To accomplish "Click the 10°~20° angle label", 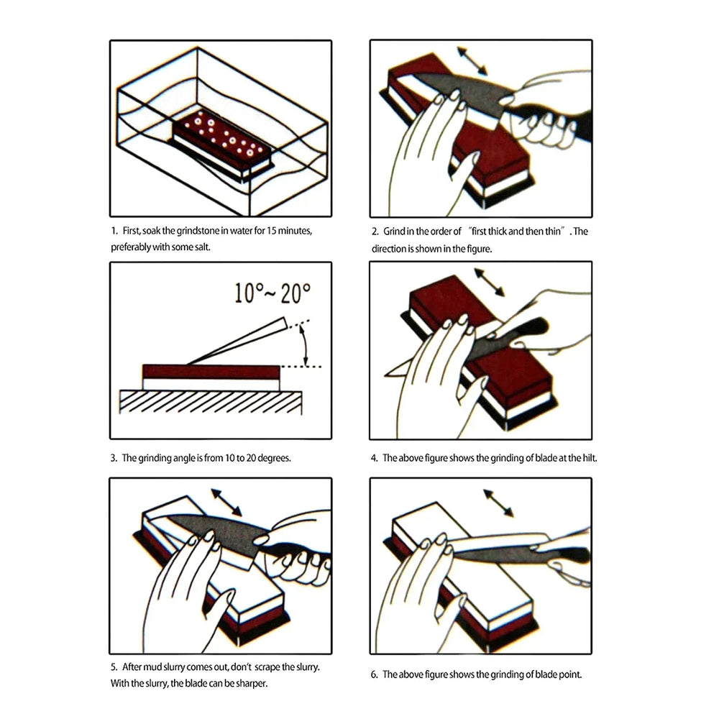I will [273, 293].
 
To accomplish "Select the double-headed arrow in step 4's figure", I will [490, 282].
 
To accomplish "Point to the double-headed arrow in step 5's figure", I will [226, 503].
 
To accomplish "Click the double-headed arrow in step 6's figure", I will [498, 503].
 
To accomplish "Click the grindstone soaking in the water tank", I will [223, 141].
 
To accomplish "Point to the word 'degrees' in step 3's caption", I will [274, 458].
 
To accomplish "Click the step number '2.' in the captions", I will [375, 232].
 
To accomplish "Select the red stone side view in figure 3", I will [211, 372].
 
